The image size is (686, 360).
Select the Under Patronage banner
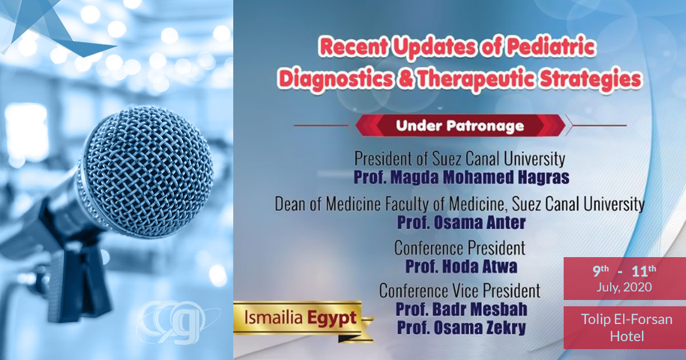tap(460, 125)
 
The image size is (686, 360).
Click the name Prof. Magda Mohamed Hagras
tap(461, 177)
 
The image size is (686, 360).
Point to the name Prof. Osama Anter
tap(460, 222)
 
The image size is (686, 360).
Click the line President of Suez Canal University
tap(460, 158)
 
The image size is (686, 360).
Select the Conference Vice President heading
tap(460, 290)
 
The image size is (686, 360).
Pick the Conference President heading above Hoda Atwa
tap(460, 248)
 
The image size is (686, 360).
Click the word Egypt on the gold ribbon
tap(333, 317)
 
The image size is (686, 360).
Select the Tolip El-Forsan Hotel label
tap(624, 327)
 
